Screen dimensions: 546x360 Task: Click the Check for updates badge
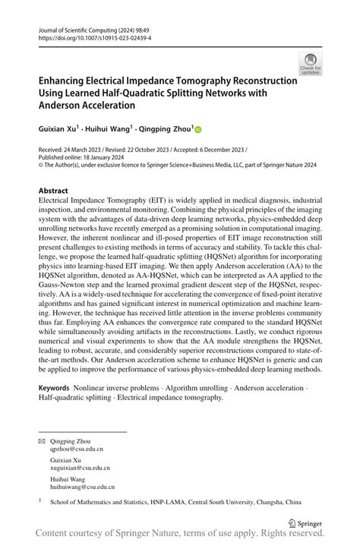tap(310, 64)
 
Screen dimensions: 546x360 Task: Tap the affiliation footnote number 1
tap(39, 500)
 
